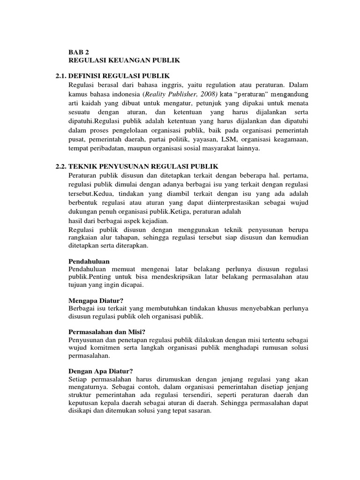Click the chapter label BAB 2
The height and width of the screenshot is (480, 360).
(x=78, y=52)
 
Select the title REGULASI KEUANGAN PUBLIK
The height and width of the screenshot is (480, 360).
(x=124, y=60)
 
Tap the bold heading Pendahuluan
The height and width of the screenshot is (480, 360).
(x=90, y=261)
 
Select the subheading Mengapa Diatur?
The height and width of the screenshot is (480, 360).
(x=96, y=300)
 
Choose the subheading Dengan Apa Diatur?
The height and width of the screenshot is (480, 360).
(x=101, y=370)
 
